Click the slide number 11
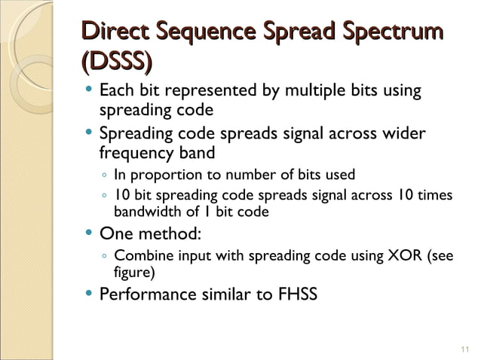pos(464,347)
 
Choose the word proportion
pos(165,176)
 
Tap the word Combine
pos(142,255)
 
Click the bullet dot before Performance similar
pos(90,292)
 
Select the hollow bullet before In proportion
pos(103,176)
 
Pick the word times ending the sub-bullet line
pos(436,196)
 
